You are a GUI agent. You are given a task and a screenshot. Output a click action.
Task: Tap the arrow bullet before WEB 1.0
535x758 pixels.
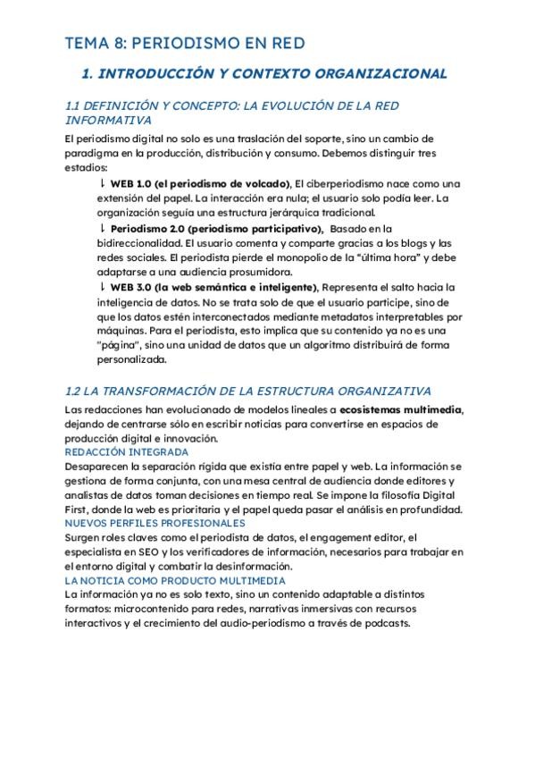click(x=102, y=182)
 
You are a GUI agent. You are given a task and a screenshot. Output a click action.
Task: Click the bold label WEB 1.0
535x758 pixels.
click(x=130, y=183)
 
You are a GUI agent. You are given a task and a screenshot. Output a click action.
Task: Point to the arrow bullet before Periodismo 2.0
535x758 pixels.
click(x=102, y=229)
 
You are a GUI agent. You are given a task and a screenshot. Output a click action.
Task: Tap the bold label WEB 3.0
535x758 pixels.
click(x=130, y=287)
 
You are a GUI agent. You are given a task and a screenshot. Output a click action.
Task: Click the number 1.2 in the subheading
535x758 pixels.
click(x=75, y=391)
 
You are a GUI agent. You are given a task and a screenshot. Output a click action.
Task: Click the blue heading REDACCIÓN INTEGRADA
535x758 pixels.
click(x=114, y=452)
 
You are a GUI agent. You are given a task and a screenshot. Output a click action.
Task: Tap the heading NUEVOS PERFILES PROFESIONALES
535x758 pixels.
click(x=142, y=523)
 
